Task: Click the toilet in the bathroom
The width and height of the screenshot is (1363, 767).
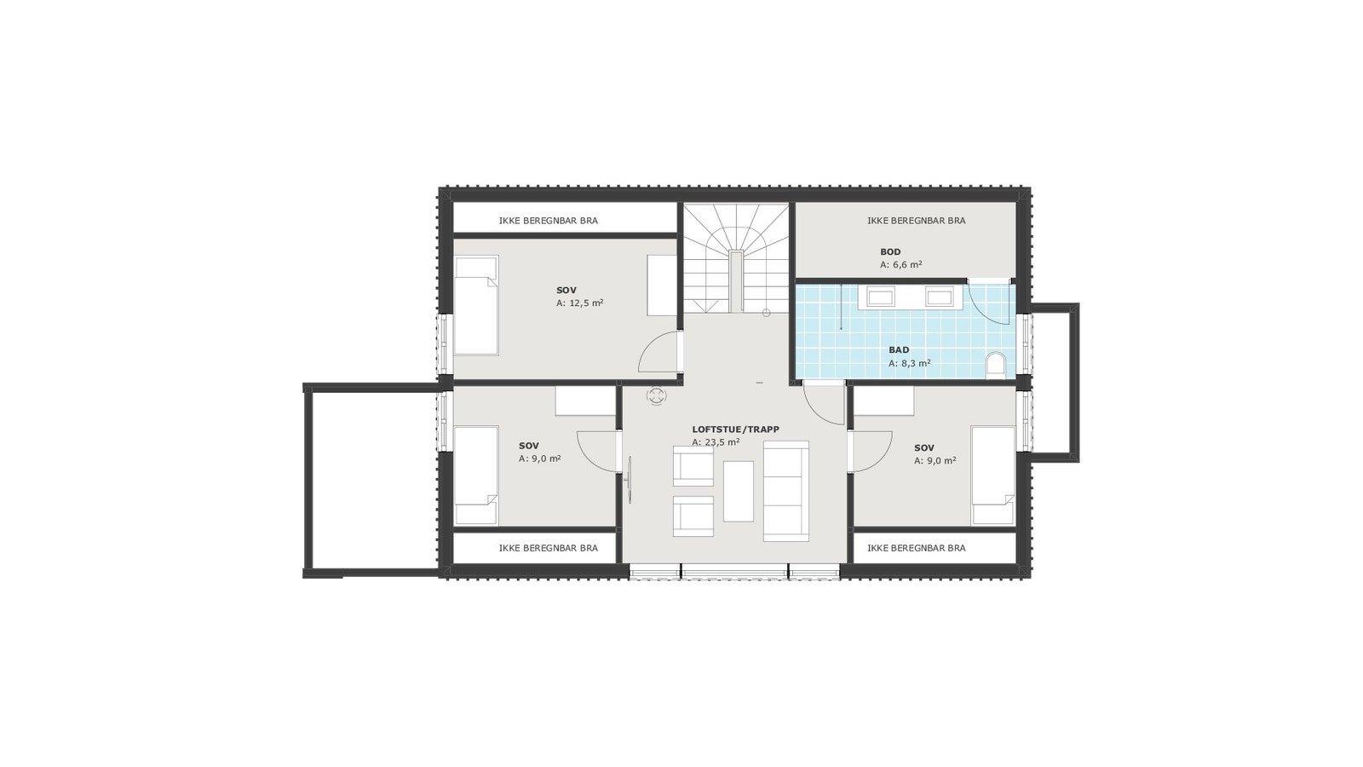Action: click(995, 366)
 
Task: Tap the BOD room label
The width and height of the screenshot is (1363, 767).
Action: click(890, 252)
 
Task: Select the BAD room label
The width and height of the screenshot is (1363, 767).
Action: click(899, 350)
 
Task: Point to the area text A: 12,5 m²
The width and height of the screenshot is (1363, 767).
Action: click(579, 303)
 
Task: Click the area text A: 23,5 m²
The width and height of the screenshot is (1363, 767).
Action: click(716, 442)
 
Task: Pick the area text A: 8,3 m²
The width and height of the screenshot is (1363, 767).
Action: click(909, 363)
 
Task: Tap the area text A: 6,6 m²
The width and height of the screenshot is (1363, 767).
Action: click(900, 265)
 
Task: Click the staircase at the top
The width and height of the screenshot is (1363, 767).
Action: click(736, 257)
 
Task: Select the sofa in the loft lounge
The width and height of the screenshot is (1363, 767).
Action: click(785, 490)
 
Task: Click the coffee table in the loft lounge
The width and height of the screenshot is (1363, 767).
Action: click(739, 491)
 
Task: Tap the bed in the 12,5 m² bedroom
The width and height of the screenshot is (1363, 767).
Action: click(475, 306)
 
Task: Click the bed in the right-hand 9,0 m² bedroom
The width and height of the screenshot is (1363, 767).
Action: click(993, 476)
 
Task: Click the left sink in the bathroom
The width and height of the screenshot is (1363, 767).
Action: click(880, 297)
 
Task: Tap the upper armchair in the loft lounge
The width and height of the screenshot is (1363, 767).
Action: click(693, 465)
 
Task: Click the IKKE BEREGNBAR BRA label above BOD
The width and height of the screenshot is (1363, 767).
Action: click(916, 221)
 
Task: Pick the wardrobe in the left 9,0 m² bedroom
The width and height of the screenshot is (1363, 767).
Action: click(585, 401)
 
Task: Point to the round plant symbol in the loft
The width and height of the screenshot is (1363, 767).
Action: click(657, 395)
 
